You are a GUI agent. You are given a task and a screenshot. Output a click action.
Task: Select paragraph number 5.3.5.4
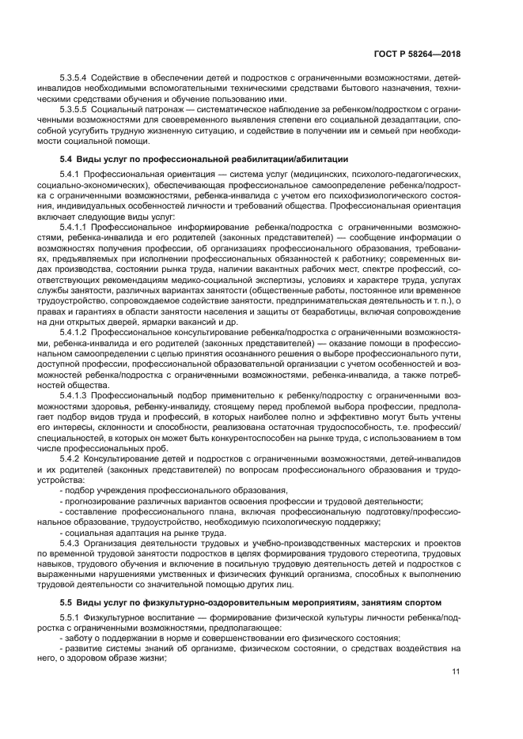[x=76, y=78]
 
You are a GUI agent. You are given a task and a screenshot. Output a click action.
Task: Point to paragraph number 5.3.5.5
[x=76, y=108]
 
